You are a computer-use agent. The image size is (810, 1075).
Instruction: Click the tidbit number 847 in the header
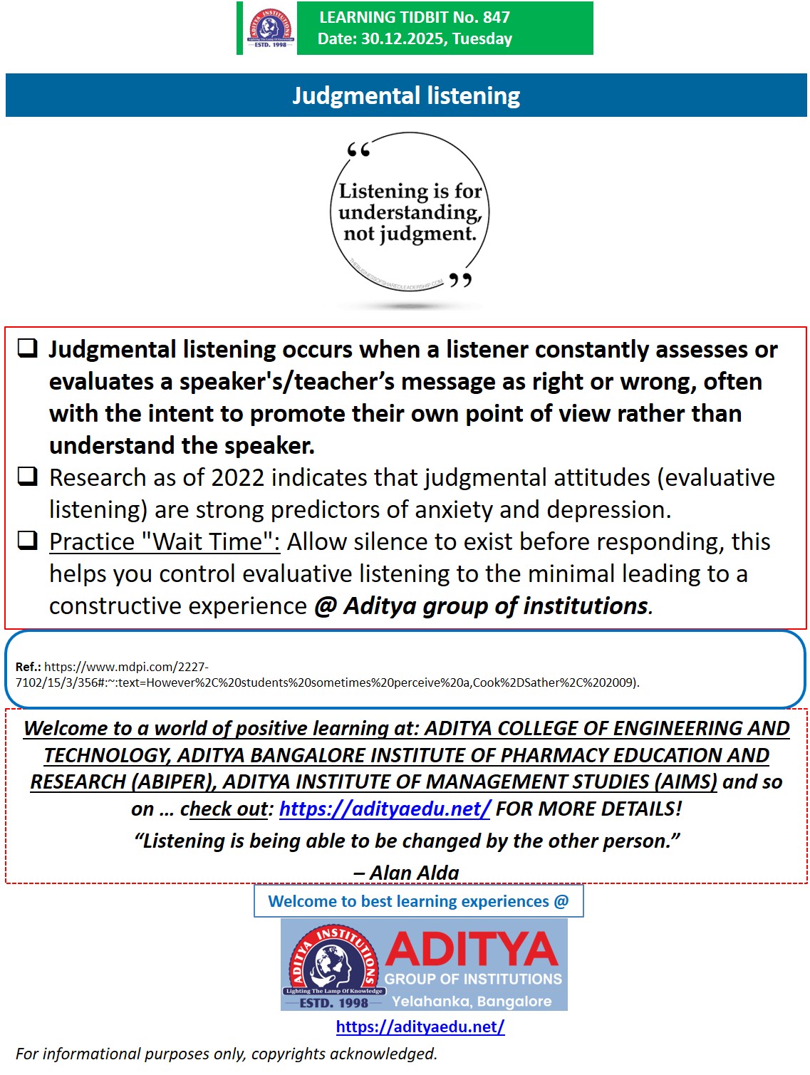point(496,17)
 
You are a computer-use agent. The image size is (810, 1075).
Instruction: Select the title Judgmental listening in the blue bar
point(406,96)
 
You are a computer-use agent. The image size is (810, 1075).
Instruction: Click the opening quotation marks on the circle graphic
point(358,150)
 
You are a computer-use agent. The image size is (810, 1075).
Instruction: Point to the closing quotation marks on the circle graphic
point(460,280)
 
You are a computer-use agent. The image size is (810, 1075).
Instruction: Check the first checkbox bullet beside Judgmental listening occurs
point(28,348)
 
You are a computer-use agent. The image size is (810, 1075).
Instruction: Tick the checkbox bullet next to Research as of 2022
point(28,476)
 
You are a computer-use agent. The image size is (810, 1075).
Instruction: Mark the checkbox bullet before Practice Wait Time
point(28,541)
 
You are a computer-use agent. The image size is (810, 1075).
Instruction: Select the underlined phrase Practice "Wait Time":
point(165,542)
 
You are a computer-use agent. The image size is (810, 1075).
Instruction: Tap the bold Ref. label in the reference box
point(28,667)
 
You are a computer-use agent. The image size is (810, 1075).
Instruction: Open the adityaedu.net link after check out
point(385,809)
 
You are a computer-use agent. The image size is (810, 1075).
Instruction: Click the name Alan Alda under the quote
point(414,873)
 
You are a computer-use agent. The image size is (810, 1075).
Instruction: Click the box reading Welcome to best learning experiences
point(418,901)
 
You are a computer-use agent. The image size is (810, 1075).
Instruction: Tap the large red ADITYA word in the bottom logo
point(472,950)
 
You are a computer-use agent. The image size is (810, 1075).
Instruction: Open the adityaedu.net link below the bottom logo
point(420,1027)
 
